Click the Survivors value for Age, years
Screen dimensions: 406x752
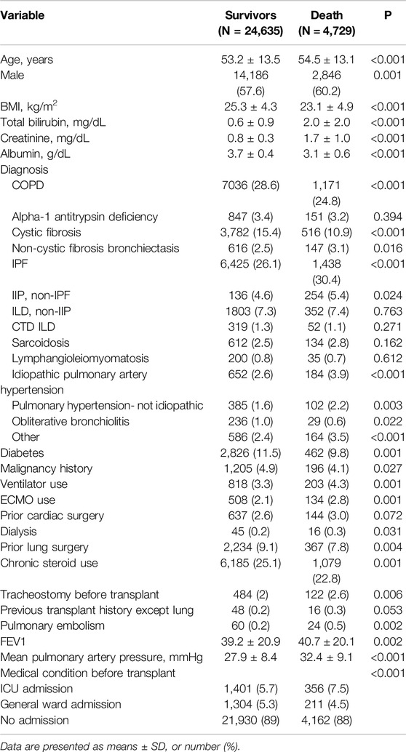tap(250, 60)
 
